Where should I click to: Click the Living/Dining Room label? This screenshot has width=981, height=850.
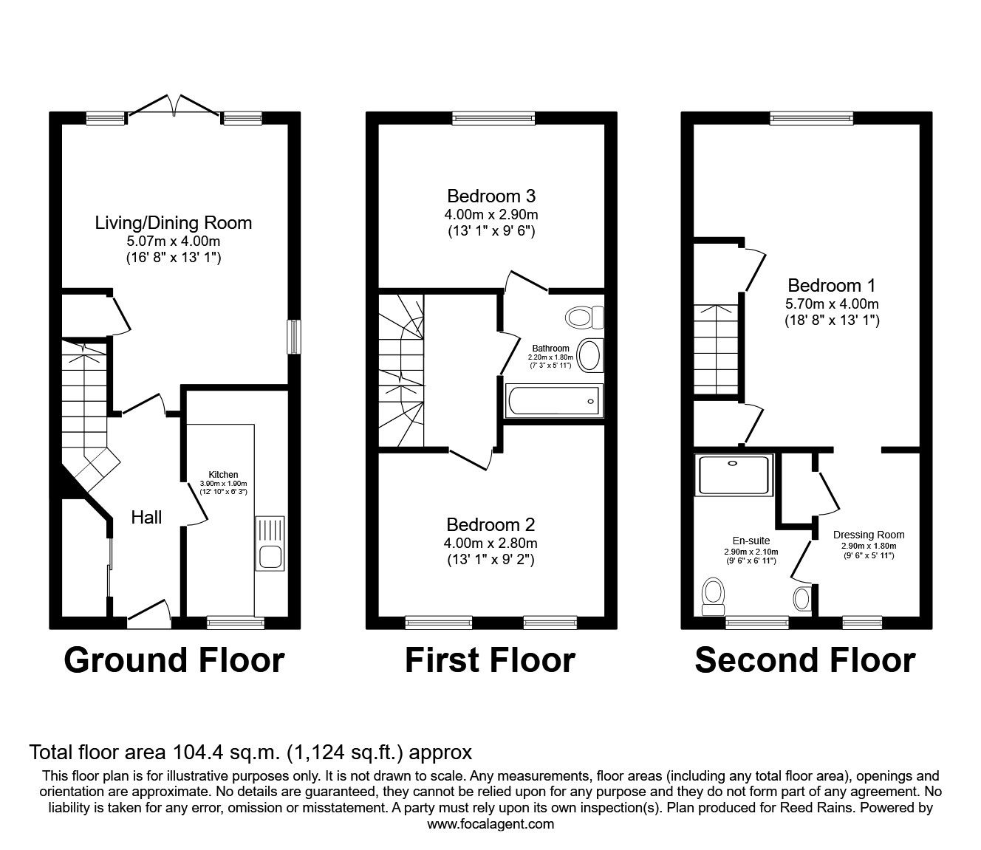click(173, 222)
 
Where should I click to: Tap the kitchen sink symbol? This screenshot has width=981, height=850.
click(269, 544)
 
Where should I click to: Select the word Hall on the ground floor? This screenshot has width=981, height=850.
click(146, 518)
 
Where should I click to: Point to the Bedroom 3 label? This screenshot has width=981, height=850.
click(490, 196)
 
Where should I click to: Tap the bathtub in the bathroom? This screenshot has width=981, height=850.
click(554, 400)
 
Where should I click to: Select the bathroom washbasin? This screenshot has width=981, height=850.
click(589, 355)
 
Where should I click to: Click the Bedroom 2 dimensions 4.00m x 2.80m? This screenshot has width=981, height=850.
click(490, 543)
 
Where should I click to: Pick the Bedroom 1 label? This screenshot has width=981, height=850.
click(824, 285)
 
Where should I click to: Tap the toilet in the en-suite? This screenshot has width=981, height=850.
click(714, 595)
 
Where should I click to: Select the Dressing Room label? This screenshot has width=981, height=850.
click(868, 535)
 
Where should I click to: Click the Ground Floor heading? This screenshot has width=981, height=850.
click(174, 659)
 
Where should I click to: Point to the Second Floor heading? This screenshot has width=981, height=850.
click(804, 659)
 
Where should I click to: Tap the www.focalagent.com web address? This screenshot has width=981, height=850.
click(490, 824)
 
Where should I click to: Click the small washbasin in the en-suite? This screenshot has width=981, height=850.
click(801, 597)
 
